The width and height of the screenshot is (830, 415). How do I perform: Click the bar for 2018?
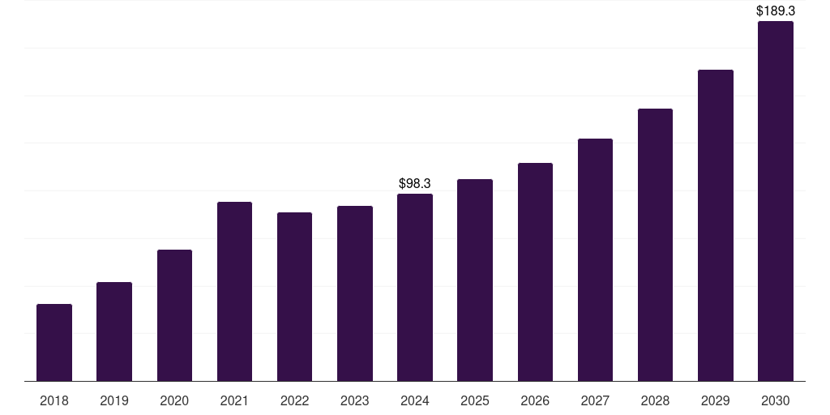[x=54, y=342]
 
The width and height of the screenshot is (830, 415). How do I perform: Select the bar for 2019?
[x=114, y=332]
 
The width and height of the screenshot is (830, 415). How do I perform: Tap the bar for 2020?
[x=174, y=315]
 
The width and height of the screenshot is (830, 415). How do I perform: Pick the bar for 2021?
[x=234, y=291]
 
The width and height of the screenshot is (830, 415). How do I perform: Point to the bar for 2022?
[x=294, y=297]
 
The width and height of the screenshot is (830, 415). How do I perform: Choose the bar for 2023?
[x=355, y=293]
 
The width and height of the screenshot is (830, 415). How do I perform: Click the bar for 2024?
[x=415, y=287]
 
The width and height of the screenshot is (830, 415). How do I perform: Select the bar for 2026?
[x=535, y=272]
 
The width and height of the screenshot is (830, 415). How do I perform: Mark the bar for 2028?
[x=655, y=245]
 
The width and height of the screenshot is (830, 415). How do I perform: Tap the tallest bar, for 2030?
[x=775, y=201]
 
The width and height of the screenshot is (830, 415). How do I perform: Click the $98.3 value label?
[x=415, y=184]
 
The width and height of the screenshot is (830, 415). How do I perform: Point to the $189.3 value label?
[x=775, y=11]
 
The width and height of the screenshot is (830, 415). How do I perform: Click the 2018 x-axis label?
[x=54, y=400]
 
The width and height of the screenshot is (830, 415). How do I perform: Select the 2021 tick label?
[x=234, y=400]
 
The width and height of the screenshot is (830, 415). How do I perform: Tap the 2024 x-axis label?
[x=415, y=400]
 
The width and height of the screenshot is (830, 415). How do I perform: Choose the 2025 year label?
[x=475, y=400]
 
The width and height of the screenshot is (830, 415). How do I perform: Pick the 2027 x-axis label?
[x=595, y=400]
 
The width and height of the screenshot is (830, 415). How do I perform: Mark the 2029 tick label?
[x=715, y=400]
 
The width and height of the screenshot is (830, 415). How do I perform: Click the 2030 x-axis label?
[x=775, y=400]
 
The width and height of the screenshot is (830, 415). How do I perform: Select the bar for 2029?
[x=715, y=225]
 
